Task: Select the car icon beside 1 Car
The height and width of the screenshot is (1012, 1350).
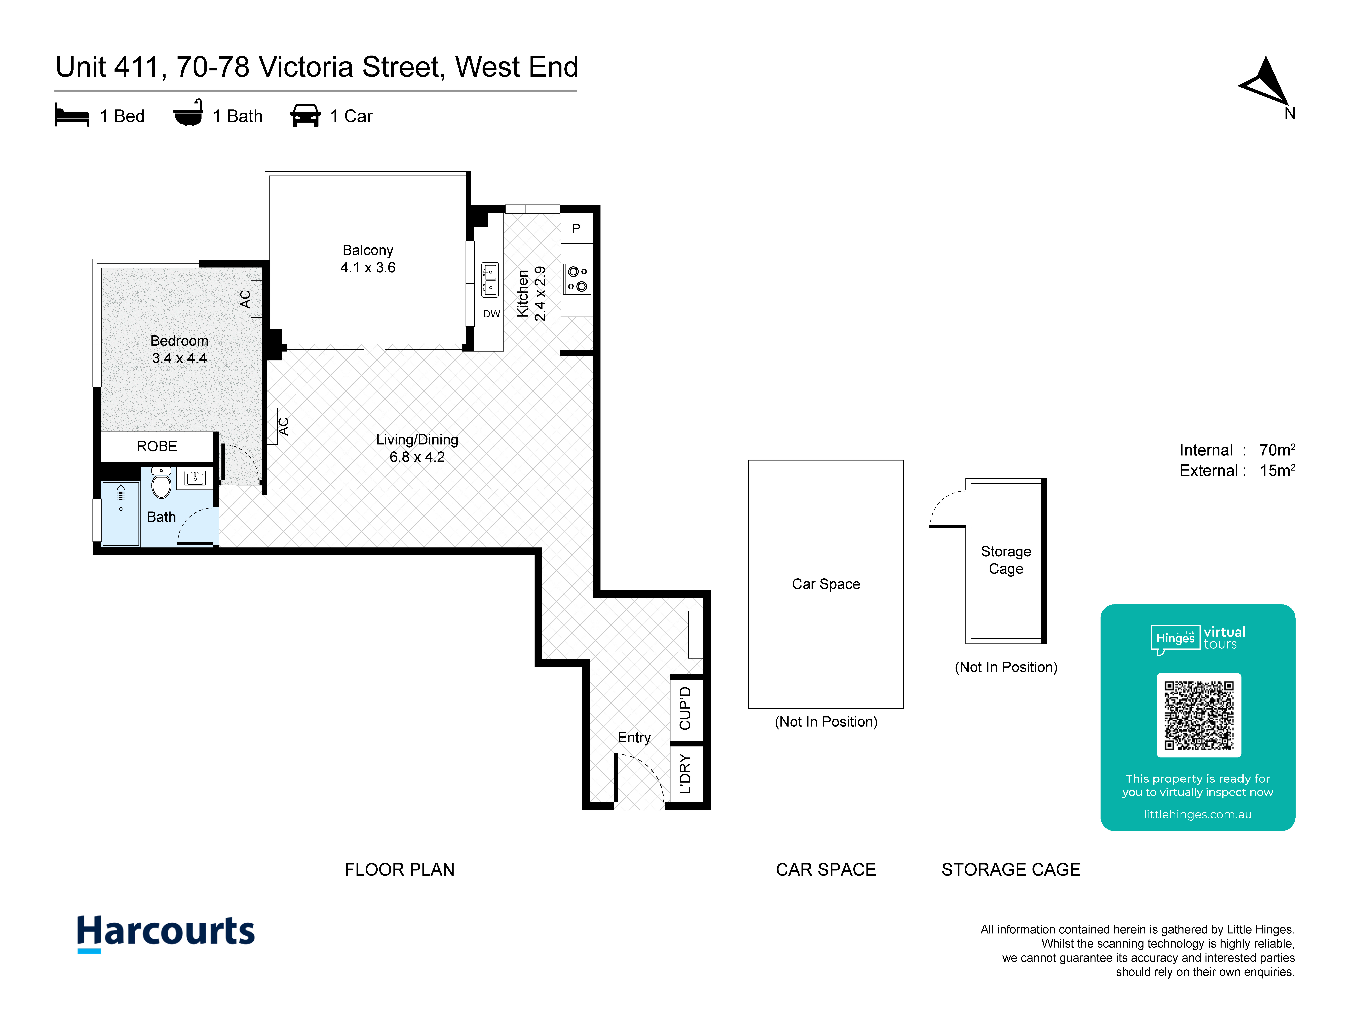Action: [x=305, y=115]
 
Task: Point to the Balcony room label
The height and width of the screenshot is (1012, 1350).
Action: [x=368, y=250]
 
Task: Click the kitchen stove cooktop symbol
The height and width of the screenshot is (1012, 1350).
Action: [x=577, y=279]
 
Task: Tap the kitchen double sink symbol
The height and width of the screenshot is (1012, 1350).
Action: [x=490, y=279]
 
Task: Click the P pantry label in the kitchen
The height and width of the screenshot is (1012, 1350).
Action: [x=576, y=229]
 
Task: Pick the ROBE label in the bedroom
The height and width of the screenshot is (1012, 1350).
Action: [x=157, y=447]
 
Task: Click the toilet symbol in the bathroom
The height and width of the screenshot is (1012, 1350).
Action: [x=161, y=483]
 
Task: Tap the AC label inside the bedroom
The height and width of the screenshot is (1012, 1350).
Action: [x=245, y=299]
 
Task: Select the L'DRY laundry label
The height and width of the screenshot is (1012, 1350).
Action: [x=685, y=773]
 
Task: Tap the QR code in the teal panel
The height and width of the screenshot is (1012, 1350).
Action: [x=1199, y=715]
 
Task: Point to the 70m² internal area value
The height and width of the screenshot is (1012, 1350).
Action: [x=1277, y=450]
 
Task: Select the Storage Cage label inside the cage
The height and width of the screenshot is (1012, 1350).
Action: [x=1006, y=560]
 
